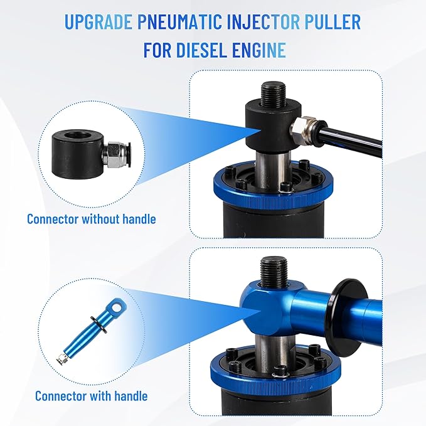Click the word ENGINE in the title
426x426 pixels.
(266, 50)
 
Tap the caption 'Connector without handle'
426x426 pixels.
(91, 219)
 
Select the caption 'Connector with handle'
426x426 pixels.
(91, 395)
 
